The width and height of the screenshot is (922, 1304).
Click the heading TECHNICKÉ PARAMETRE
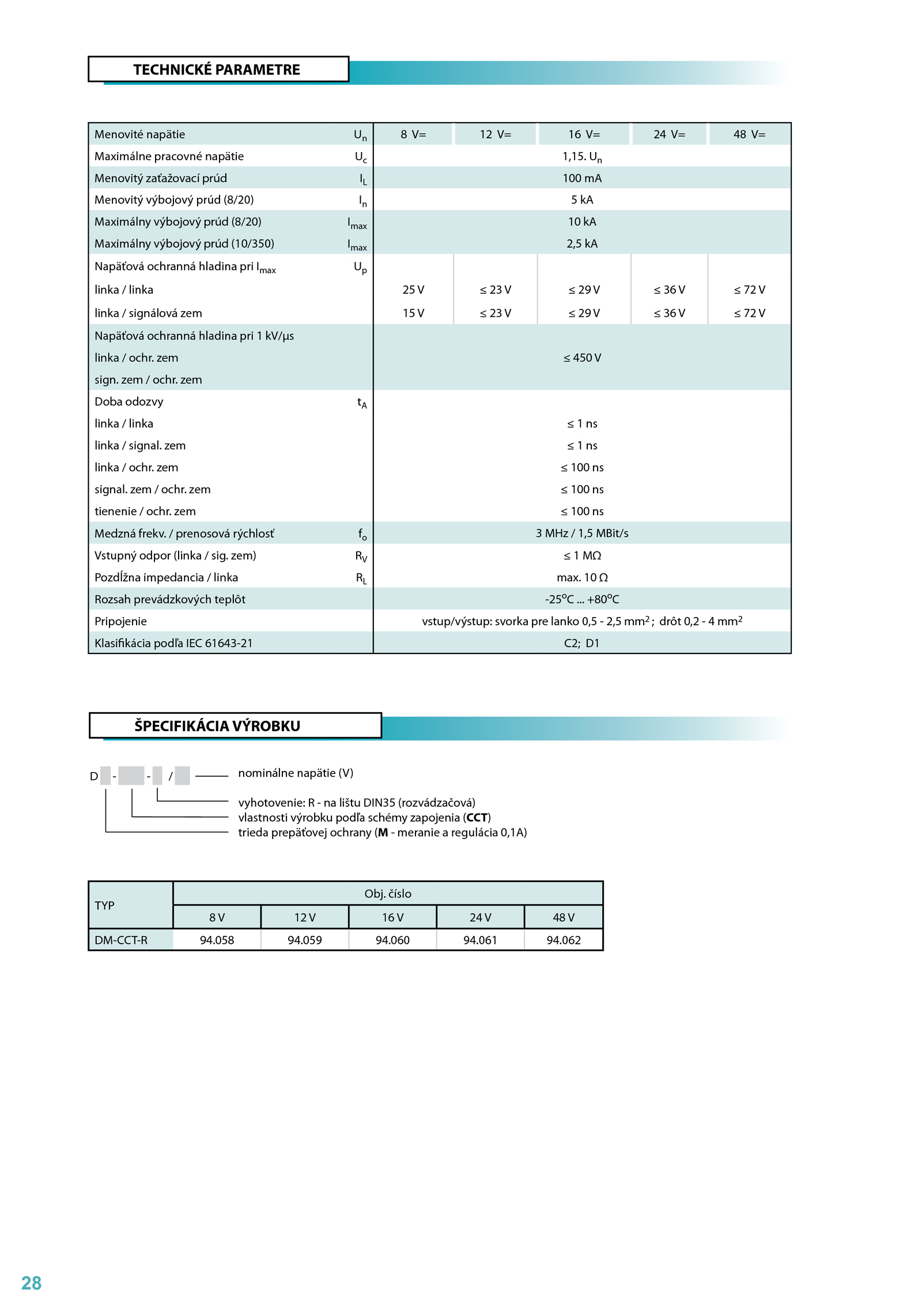point(217,70)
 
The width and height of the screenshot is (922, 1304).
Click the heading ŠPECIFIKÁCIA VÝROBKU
point(217,725)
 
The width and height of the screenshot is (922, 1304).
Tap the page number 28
point(31,1283)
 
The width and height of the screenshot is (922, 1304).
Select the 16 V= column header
point(584,134)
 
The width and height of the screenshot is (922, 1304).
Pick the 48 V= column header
point(749,134)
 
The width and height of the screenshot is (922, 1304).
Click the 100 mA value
point(582,178)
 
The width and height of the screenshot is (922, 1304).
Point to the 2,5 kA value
point(582,244)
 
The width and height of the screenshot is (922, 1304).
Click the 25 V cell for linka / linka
point(413,290)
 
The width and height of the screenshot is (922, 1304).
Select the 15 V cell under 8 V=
point(413,313)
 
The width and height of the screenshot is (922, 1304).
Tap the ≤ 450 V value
point(582,358)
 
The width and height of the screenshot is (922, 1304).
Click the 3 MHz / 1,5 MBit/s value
point(582,534)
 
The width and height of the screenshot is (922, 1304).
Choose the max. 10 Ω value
point(582,577)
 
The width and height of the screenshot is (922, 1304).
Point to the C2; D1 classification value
point(582,643)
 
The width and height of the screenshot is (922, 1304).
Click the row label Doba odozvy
point(129,402)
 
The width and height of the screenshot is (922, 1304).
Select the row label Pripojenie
point(120,621)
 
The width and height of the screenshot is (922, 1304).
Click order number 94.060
point(392,940)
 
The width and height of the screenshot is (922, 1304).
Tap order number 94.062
point(564,940)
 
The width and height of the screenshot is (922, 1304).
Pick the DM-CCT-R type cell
point(121,940)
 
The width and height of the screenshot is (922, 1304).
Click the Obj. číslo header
point(388,894)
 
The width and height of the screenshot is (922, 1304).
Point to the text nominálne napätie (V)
point(296,773)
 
